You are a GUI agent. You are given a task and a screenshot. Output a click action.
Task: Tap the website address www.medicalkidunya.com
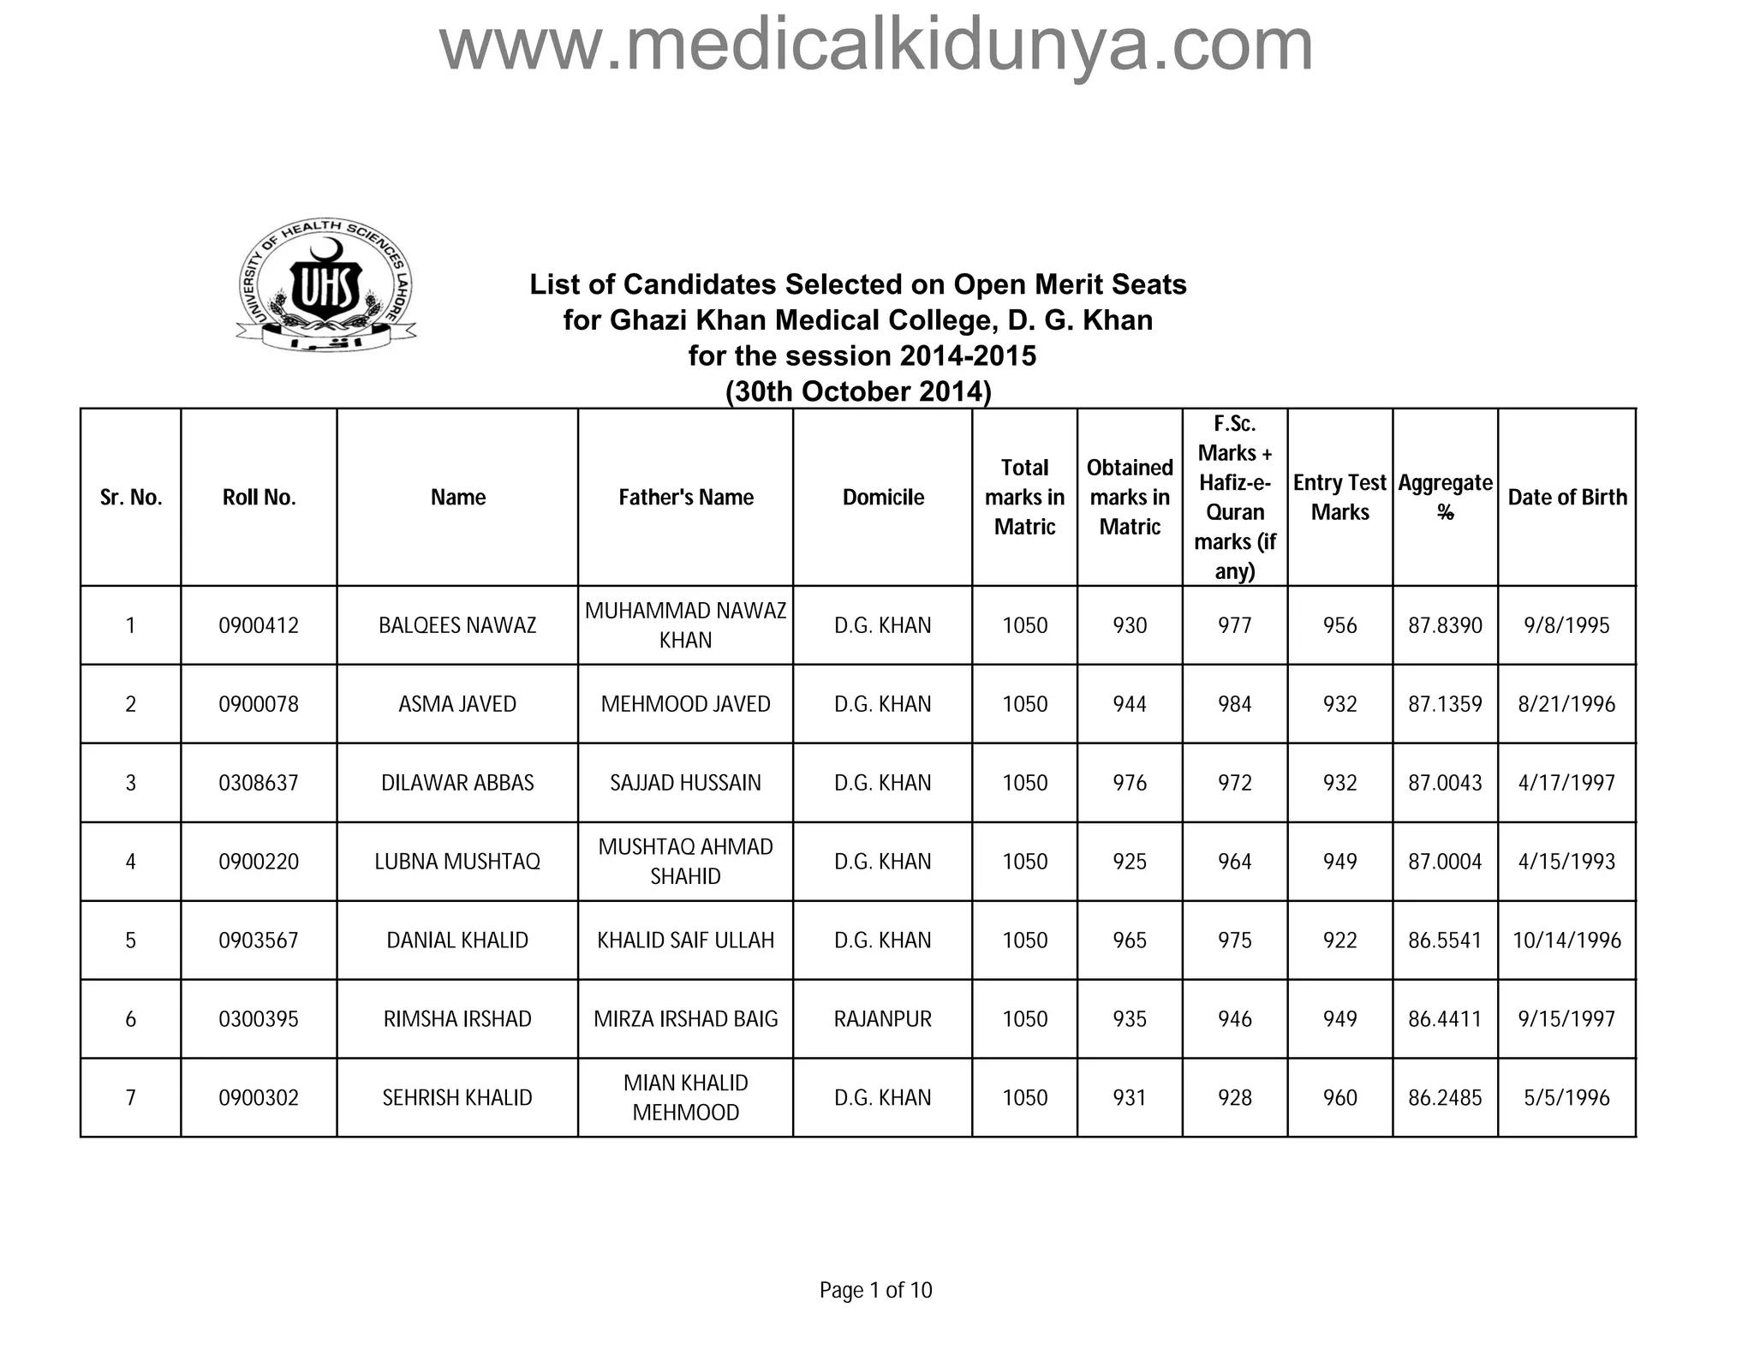point(875,45)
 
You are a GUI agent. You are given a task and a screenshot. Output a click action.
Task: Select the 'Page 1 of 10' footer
point(875,1290)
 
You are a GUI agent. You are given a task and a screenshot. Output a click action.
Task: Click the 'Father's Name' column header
point(686,498)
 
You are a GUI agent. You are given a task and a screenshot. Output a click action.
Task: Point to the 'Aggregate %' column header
point(1445,498)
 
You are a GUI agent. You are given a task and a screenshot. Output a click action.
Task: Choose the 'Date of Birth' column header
point(1566,498)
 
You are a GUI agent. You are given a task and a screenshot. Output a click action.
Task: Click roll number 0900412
point(259,626)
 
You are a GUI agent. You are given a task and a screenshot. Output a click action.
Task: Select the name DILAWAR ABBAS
point(457,783)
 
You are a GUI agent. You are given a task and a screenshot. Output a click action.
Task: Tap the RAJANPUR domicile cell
point(882,1019)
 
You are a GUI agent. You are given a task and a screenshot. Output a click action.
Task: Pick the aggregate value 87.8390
point(1445,626)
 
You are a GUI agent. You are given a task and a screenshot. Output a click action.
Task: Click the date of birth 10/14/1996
point(1566,940)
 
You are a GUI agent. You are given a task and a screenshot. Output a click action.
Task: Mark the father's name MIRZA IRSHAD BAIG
point(686,1019)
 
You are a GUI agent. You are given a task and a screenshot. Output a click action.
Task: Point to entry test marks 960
point(1339,1098)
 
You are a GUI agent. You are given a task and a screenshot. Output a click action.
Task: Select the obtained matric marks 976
point(1130,783)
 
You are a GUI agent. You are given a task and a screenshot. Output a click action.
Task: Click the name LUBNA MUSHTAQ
point(457,862)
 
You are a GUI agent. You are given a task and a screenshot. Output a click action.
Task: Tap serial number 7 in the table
point(130,1098)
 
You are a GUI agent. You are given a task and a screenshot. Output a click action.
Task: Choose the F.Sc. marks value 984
point(1234,705)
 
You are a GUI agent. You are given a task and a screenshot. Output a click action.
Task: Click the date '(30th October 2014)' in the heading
point(858,391)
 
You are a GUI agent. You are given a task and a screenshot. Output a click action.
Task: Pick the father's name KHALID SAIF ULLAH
point(686,940)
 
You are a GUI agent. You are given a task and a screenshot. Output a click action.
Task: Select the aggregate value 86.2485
point(1445,1098)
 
